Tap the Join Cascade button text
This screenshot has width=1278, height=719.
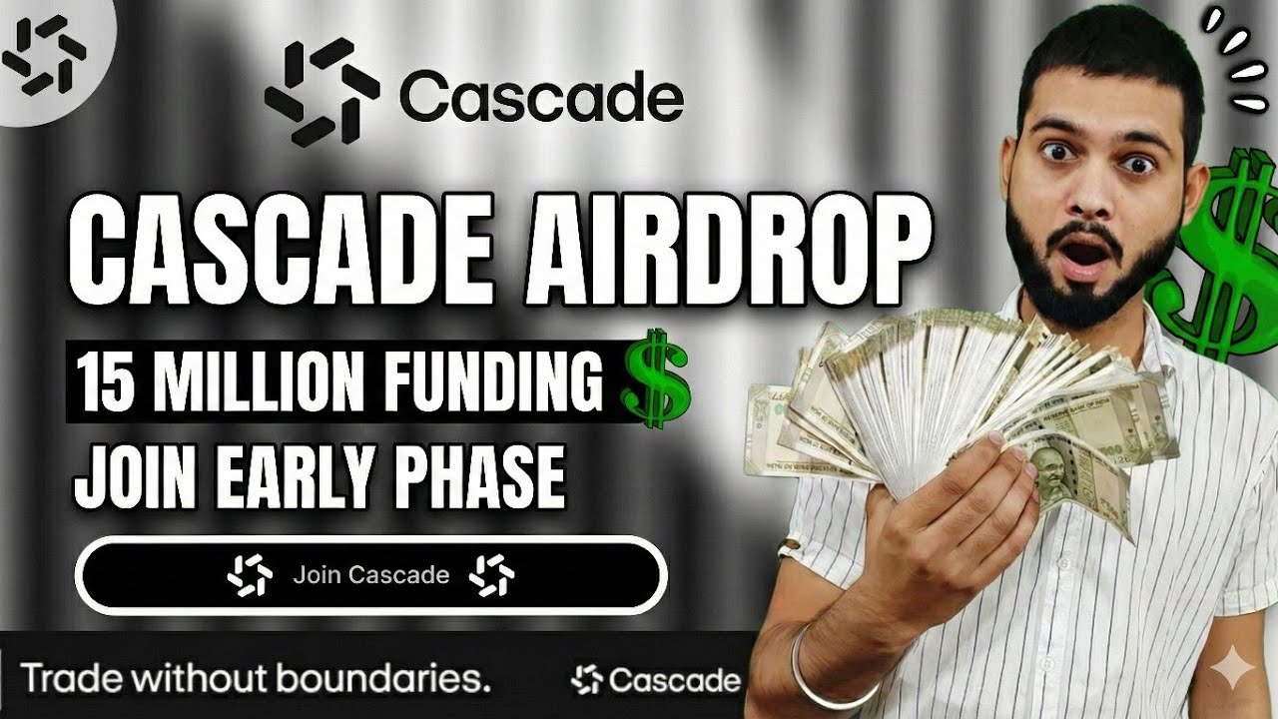tap(370, 575)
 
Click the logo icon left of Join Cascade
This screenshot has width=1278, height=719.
tap(249, 576)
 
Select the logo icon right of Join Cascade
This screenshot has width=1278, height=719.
tap(492, 576)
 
